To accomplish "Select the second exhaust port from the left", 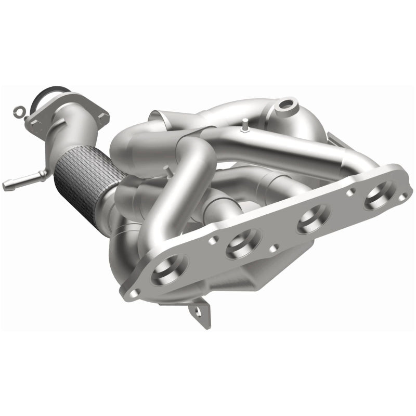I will [x=243, y=241].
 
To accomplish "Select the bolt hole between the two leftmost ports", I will [x=212, y=241].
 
